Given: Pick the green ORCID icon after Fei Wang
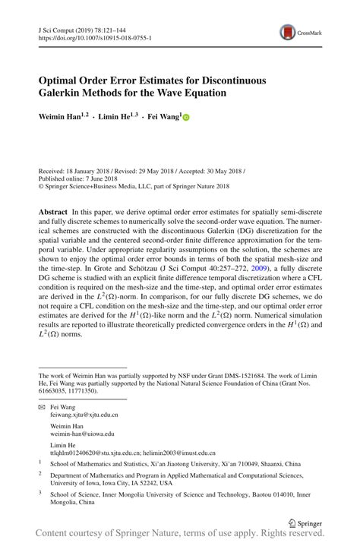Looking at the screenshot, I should [x=185, y=118].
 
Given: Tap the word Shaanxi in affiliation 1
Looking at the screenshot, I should [x=261, y=463].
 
